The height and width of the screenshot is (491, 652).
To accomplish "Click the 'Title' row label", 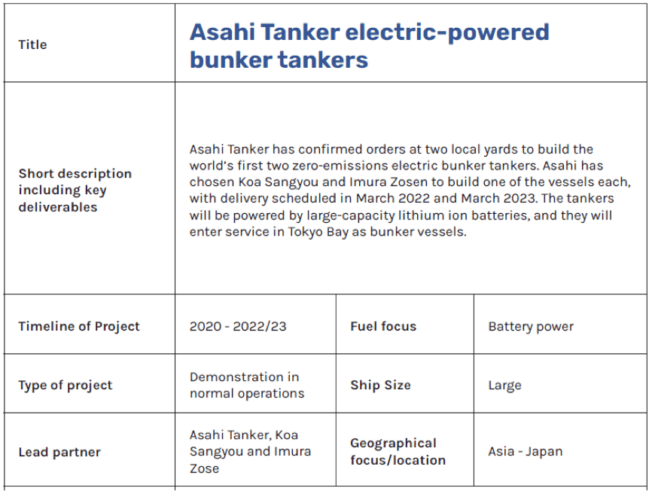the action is pyautogui.click(x=32, y=44).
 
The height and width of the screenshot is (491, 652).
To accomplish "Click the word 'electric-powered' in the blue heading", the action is pyautogui.click(x=447, y=33).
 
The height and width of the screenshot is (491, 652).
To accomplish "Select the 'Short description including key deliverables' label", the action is pyautogui.click(x=75, y=190).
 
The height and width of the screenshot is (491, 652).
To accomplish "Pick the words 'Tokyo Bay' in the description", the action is pyautogui.click(x=318, y=232).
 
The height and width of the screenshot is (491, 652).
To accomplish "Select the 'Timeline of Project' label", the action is pyautogui.click(x=79, y=326).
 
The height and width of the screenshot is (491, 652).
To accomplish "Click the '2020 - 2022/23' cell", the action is pyautogui.click(x=238, y=326).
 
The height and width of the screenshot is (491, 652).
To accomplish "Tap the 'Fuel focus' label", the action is pyautogui.click(x=383, y=326).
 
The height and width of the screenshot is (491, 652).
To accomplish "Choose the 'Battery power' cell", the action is pyautogui.click(x=531, y=326).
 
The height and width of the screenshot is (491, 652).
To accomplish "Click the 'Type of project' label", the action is pyautogui.click(x=66, y=386).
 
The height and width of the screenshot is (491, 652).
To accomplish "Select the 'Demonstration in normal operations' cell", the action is pyautogui.click(x=247, y=385).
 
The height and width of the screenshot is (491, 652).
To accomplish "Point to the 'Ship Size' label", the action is pyautogui.click(x=380, y=385).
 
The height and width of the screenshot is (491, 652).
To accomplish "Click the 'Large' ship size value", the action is pyautogui.click(x=504, y=386).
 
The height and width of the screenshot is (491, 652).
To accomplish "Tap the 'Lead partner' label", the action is pyautogui.click(x=59, y=453).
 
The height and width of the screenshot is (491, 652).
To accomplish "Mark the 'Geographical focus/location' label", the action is pyautogui.click(x=398, y=452).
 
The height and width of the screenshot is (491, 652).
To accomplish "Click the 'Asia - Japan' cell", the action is pyautogui.click(x=526, y=452).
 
